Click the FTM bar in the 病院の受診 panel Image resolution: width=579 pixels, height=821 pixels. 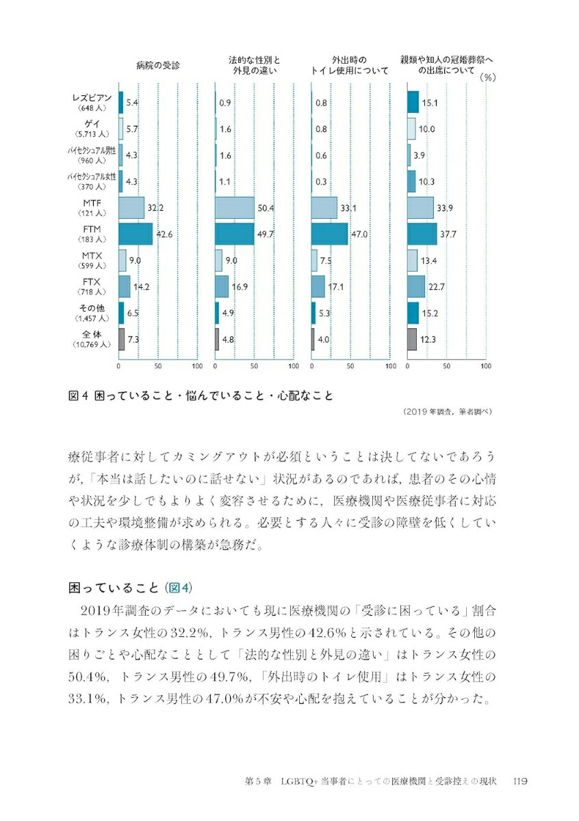click(x=136, y=234)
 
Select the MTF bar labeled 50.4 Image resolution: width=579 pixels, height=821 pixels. click(x=234, y=208)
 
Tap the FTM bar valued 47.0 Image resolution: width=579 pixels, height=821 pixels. click(x=329, y=234)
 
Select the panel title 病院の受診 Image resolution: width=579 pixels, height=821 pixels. click(x=158, y=66)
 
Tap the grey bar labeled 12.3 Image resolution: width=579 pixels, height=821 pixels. click(x=411, y=339)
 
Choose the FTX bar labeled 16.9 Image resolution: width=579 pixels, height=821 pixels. click(x=222, y=287)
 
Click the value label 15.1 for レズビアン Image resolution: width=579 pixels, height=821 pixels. click(x=430, y=103)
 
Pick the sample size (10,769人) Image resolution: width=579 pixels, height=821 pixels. click(x=91, y=345)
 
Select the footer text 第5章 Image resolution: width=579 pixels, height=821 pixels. click(x=259, y=781)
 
